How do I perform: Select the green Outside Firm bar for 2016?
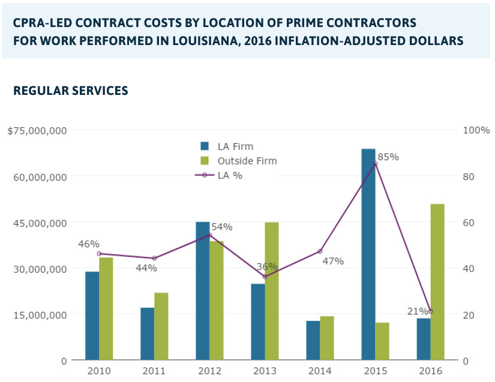pos(437,282)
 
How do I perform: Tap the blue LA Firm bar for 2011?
pos(148,334)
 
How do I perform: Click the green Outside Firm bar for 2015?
pos(382,341)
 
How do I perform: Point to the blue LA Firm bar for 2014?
pos(313,341)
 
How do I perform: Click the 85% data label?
pos(388,157)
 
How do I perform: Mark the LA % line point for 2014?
pos(320,251)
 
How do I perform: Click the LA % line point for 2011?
pos(155,258)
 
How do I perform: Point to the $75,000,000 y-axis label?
pos(37,130)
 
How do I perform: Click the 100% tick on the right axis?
pos(478,130)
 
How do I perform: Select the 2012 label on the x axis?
pos(209,371)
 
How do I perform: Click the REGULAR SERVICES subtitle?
pos(70,91)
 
